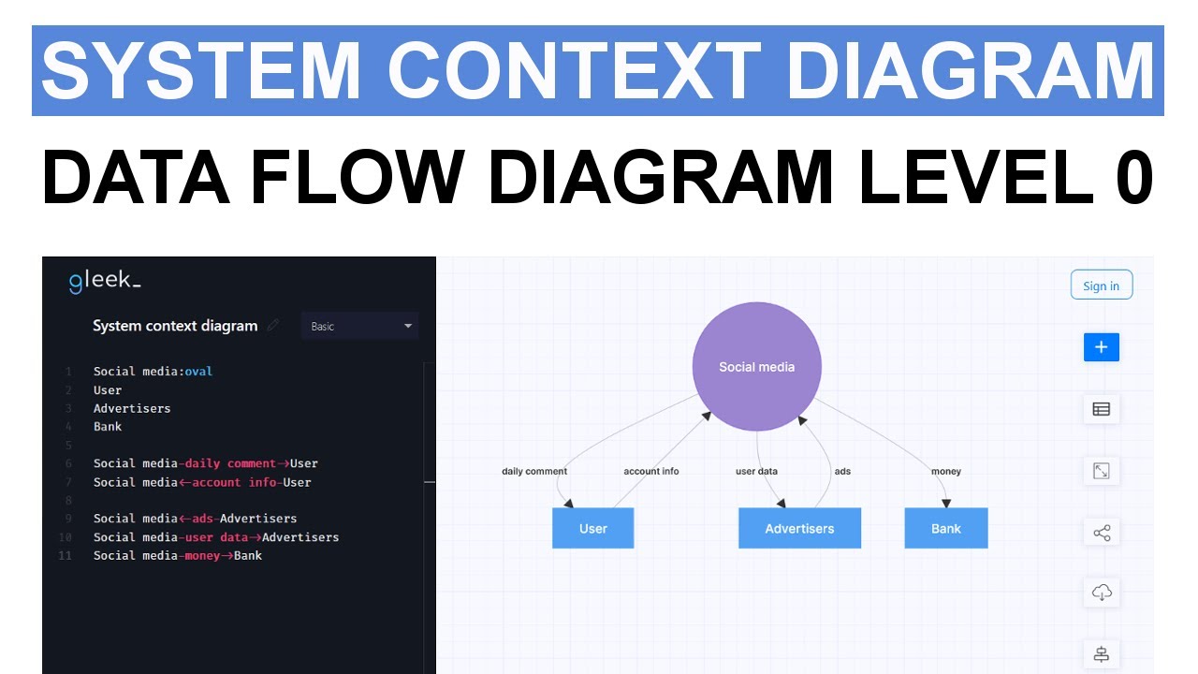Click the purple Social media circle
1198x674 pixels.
(756, 367)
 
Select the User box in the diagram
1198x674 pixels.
(592, 528)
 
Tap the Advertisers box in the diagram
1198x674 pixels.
(799, 528)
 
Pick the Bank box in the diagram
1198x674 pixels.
(945, 528)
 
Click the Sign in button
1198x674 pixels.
(1101, 286)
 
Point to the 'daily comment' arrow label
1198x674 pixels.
(534, 471)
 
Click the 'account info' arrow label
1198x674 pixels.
(651, 471)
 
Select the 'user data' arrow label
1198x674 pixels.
(756, 471)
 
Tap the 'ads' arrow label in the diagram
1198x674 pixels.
(842, 471)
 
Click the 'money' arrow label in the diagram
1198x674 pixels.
(946, 471)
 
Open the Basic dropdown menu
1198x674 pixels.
(360, 326)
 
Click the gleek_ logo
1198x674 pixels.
(105, 282)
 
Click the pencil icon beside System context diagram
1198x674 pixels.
(273, 326)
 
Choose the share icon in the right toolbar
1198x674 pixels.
(1102, 534)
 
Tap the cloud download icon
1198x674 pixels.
(1102, 593)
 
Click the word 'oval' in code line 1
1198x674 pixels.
(198, 372)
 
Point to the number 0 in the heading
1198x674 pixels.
(1133, 177)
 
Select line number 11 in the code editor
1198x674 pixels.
(65, 555)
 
